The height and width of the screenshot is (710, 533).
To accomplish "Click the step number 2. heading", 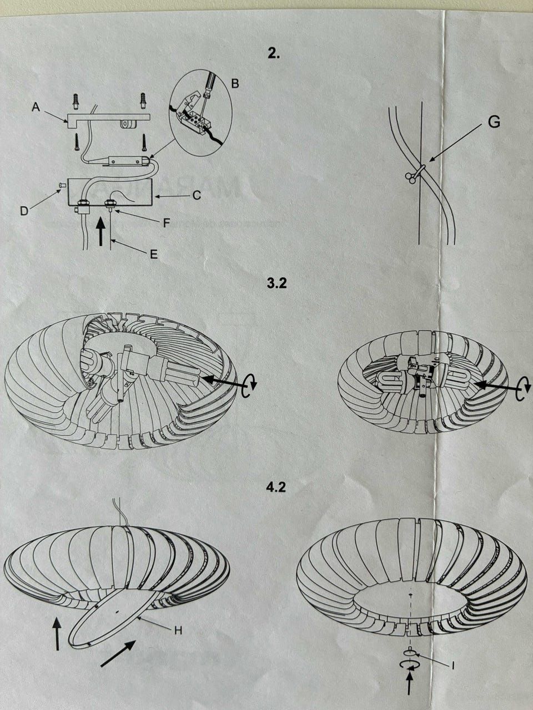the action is pos(274,54).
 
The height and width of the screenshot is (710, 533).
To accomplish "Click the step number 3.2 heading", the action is pos(276,283).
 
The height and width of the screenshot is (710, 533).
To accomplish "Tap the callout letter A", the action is pos(36,106).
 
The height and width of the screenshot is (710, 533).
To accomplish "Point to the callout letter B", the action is pos(235,83).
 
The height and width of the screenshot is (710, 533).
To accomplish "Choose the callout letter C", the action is pos(197,195).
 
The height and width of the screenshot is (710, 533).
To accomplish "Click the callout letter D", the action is pos(24,211).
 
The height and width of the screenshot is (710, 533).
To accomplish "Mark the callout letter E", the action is pos(154,254).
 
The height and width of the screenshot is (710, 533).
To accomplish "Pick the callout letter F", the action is pos(167,223).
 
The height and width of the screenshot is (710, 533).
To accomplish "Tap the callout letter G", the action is pos(494,122).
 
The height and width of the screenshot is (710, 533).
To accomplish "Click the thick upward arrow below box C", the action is pos(101,231).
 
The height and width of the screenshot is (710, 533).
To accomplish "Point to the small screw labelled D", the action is pos(61,185).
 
